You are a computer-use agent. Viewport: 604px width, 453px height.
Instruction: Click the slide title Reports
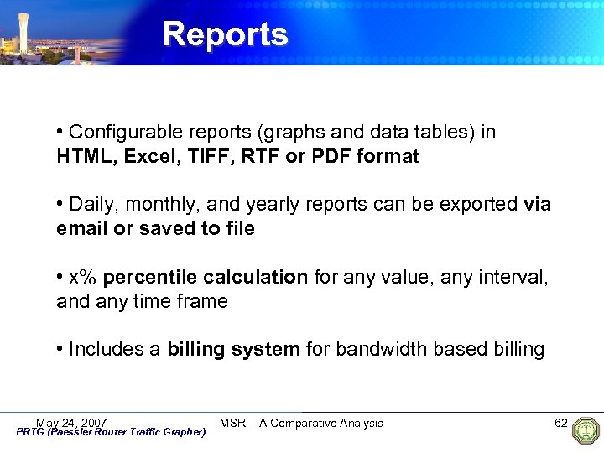(225, 34)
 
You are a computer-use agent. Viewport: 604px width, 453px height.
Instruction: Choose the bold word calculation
(254, 278)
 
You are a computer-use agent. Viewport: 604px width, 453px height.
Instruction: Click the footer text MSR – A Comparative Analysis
(301, 423)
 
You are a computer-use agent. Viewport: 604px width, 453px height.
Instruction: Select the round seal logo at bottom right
(584, 431)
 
